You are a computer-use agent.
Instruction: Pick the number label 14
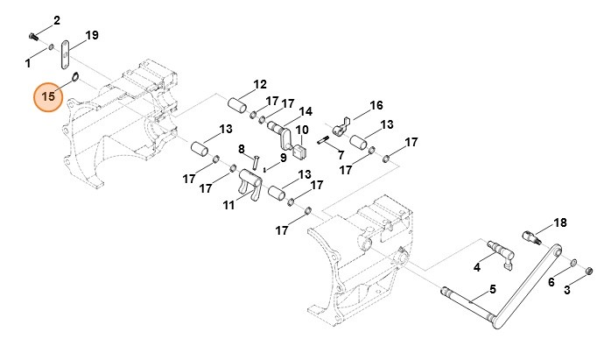pyautogui.click(x=306, y=112)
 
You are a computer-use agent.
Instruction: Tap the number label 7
pyautogui.click(x=339, y=154)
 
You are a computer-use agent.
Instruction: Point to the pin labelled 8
pyautogui.click(x=255, y=162)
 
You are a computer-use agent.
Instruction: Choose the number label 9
pyautogui.click(x=284, y=159)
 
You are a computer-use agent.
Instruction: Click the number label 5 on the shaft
pyautogui.click(x=492, y=289)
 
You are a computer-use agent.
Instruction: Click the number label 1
pyautogui.click(x=27, y=63)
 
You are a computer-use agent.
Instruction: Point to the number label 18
pyautogui.click(x=561, y=222)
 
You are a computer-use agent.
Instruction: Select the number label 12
pyautogui.click(x=260, y=85)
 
